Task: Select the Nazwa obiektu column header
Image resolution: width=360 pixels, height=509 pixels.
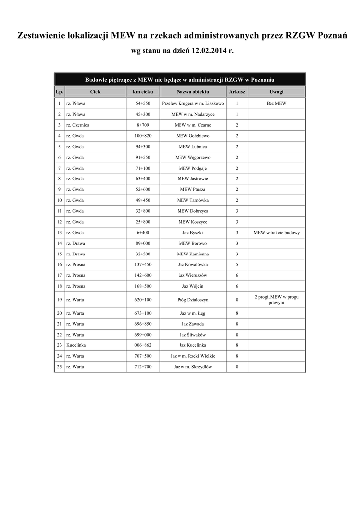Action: coord(192,92)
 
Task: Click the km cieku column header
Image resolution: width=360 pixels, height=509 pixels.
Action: coord(143,92)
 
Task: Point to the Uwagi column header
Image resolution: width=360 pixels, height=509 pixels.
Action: coord(276,92)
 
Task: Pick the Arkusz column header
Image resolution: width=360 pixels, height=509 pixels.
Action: coord(237,92)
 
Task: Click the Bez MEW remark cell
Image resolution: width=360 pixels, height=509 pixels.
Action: coord(276,104)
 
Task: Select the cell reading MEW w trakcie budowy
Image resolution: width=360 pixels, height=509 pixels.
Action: coord(276,233)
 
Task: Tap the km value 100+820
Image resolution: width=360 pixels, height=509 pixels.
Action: coord(143,136)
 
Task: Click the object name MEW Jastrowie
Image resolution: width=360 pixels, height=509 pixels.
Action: coord(192,178)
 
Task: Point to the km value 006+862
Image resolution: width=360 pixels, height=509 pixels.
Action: coord(143,345)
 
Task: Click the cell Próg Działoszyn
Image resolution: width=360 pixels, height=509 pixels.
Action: coord(192,300)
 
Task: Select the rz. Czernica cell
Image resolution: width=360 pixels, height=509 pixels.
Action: coord(78,125)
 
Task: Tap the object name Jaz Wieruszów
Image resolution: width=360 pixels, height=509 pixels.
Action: coord(192,275)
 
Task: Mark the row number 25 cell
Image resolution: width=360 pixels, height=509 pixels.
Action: coord(59,367)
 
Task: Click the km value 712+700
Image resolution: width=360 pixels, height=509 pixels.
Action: coord(143,367)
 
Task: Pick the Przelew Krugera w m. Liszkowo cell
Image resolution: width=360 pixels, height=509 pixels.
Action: coord(192,104)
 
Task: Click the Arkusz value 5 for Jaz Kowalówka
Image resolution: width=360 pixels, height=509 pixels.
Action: coord(237,265)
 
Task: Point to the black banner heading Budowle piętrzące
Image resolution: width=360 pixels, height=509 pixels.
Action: coord(180,80)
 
